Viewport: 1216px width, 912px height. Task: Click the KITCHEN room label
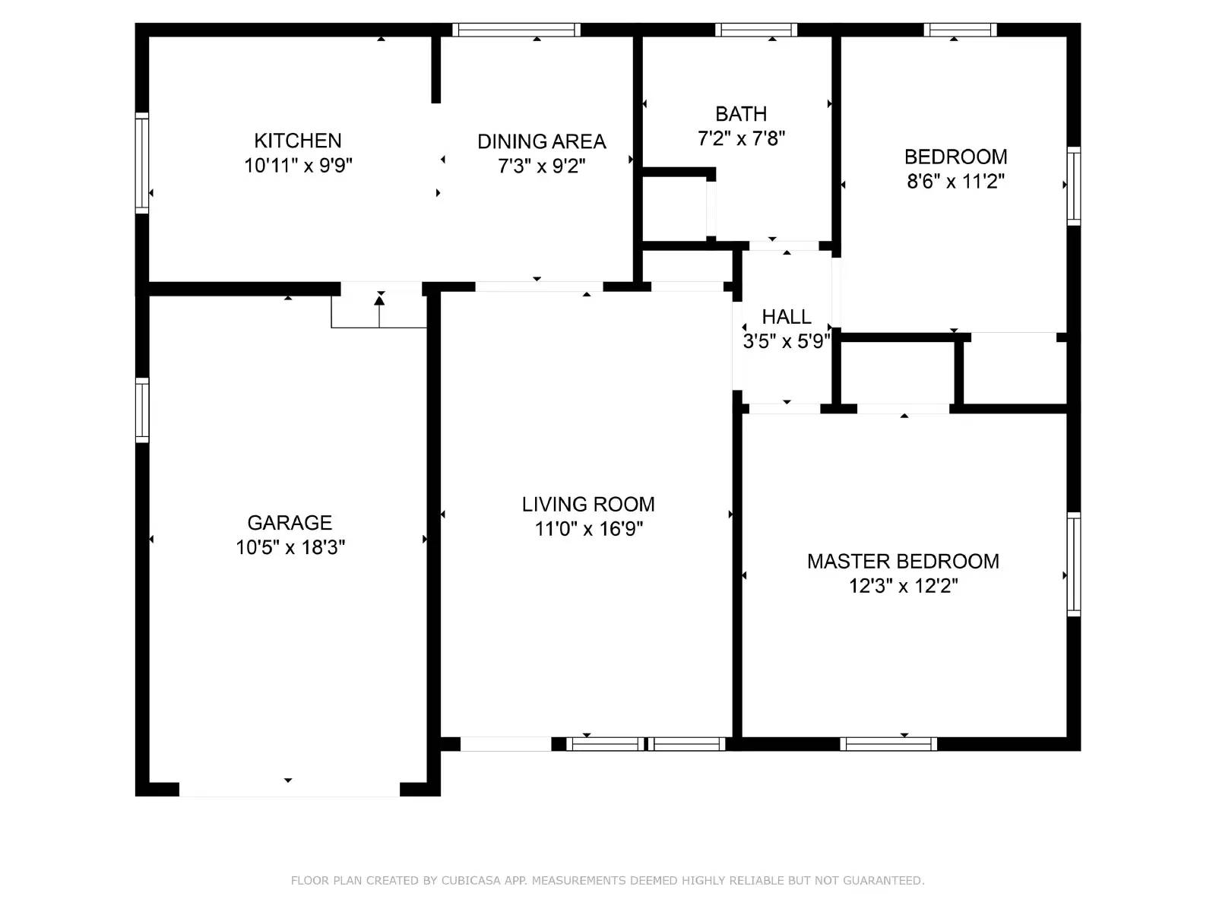click(x=297, y=141)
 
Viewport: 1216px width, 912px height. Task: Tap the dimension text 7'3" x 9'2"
click(x=541, y=166)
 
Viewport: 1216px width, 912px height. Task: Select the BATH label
click(x=741, y=114)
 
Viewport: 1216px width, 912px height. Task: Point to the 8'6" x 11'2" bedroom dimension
click(x=955, y=182)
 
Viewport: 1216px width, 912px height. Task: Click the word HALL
click(x=786, y=316)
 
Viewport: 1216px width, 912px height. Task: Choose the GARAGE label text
click(x=290, y=523)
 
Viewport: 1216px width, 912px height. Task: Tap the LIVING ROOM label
click(x=587, y=505)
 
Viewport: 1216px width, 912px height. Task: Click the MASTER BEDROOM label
click(x=903, y=562)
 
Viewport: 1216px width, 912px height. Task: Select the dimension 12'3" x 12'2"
click(x=903, y=586)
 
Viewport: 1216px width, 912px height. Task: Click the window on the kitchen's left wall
click(x=142, y=163)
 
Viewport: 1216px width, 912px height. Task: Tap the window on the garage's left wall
click(x=142, y=410)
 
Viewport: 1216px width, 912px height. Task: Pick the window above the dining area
click(x=517, y=30)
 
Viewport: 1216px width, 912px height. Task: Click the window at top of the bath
click(x=755, y=30)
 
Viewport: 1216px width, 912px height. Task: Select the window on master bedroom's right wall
click(x=1073, y=564)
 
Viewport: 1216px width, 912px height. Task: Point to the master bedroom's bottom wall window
click(x=888, y=743)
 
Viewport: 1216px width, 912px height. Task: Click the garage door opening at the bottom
click(x=289, y=790)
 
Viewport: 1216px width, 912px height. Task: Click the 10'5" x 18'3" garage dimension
click(x=290, y=547)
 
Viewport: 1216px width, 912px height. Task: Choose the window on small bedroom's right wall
click(x=1073, y=186)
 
